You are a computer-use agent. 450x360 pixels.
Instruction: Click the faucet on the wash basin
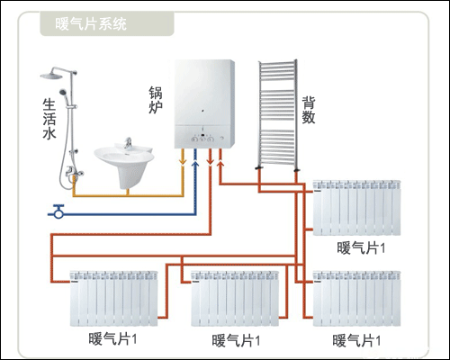click(130, 143)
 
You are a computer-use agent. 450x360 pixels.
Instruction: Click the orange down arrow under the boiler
click(185, 162)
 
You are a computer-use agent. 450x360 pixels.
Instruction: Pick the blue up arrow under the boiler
click(198, 162)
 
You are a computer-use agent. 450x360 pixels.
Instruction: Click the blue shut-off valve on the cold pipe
click(59, 212)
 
